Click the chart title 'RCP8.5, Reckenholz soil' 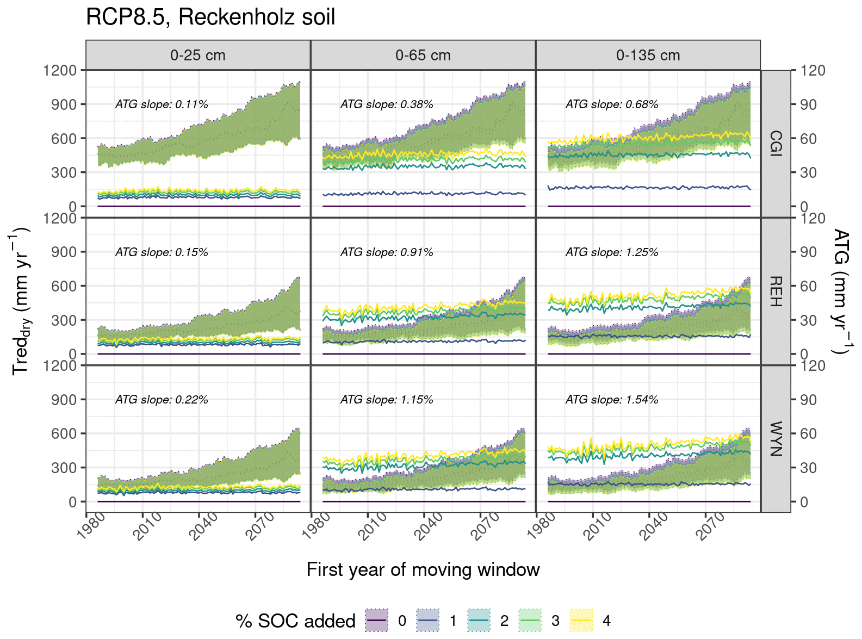click(x=210, y=17)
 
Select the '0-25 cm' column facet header click(x=197, y=55)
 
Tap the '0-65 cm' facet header click(x=423, y=55)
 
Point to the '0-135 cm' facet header click(x=648, y=55)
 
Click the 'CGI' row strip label click(x=776, y=144)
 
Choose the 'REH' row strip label click(x=776, y=291)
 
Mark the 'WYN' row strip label click(x=776, y=439)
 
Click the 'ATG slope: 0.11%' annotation click(x=162, y=104)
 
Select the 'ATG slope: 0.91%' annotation click(x=387, y=252)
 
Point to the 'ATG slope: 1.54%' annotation click(x=612, y=400)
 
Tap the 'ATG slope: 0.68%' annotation click(x=612, y=104)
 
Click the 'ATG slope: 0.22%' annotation click(x=162, y=400)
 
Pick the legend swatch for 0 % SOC click(x=376, y=621)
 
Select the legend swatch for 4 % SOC click(x=581, y=621)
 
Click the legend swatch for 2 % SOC click(x=479, y=621)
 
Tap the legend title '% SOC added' click(x=295, y=621)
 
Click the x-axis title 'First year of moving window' click(x=423, y=569)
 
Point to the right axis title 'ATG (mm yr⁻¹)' click(x=841, y=291)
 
